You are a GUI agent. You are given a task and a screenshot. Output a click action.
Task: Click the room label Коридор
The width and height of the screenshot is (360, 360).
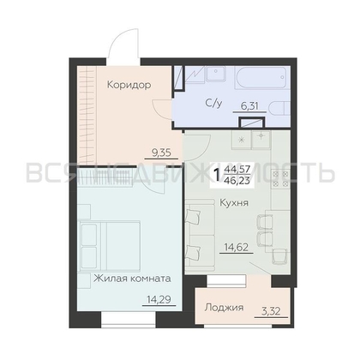[129, 85]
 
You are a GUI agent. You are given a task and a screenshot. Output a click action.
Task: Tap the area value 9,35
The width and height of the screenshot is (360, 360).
[161, 153]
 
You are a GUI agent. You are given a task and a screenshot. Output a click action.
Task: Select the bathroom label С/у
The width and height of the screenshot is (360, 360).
[213, 104]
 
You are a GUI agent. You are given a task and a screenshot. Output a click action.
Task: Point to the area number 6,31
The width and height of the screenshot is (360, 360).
[249, 106]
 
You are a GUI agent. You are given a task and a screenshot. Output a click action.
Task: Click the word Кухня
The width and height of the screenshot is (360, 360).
[234, 203]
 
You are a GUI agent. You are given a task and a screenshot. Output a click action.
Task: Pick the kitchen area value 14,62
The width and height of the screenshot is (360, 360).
[236, 246]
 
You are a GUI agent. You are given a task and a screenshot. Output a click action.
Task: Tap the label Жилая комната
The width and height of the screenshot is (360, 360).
[132, 279]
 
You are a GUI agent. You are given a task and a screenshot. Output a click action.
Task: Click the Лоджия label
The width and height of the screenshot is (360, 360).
[225, 308]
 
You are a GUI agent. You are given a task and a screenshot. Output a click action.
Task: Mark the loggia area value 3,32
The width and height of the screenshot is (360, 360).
[271, 311]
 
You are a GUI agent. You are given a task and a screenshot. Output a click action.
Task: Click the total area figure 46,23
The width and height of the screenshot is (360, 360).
[237, 182]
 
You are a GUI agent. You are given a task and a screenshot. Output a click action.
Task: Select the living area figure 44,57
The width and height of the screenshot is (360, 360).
[237, 171]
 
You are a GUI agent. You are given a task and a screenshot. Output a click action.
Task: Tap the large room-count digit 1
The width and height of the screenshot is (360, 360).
[217, 175]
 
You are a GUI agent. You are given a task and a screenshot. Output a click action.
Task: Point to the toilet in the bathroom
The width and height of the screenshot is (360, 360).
[279, 110]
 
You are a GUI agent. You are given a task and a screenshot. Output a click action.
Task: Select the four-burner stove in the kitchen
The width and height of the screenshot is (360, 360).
[280, 178]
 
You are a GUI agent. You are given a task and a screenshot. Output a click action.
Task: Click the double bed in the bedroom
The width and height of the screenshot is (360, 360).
[111, 246]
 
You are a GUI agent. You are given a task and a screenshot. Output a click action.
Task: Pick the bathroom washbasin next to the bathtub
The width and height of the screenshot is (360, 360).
[216, 74]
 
